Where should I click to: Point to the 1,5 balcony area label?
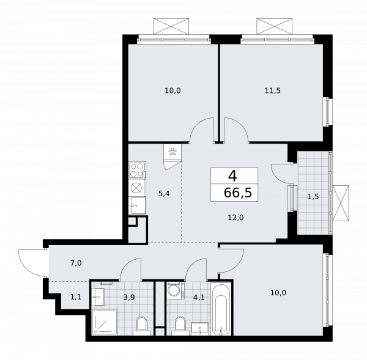pos(313,196)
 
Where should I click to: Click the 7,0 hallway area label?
pos(75,263)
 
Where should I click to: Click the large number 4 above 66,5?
pos(232,175)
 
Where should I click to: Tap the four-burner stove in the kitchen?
pos(137,170)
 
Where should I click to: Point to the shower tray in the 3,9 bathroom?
pos(105,322)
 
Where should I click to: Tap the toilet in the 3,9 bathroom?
pos(143,325)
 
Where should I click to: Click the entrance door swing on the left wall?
pos(31,263)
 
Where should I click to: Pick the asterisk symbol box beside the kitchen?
pos(172,152)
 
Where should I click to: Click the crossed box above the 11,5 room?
pos(275,27)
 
